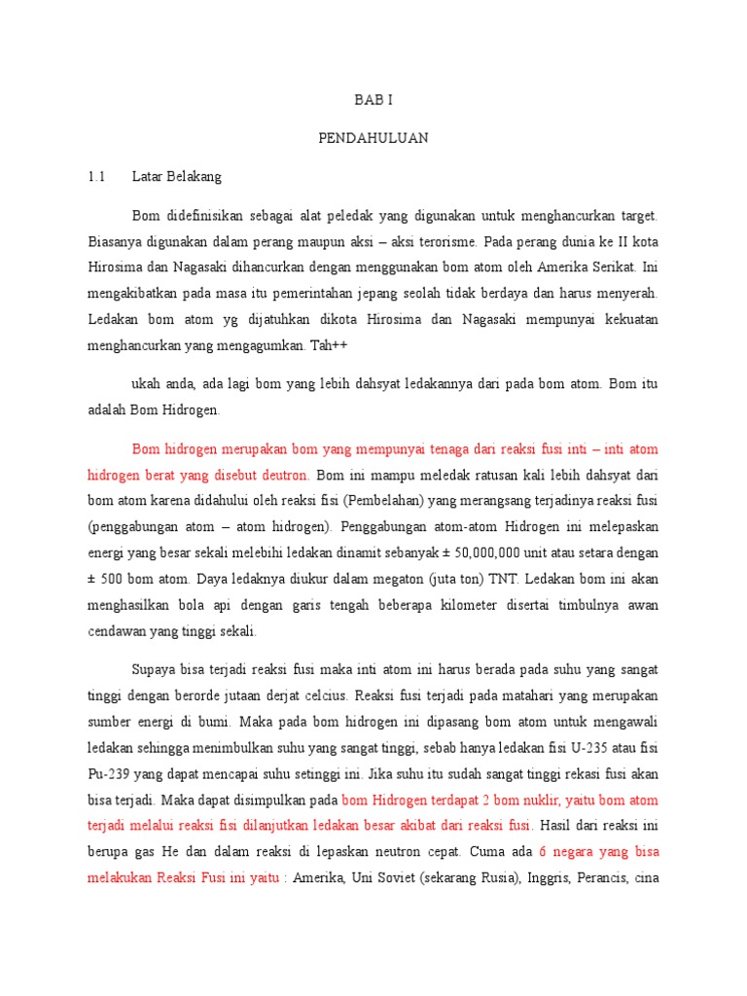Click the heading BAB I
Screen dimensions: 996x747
[373, 100]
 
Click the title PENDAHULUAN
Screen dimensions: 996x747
[373, 138]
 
